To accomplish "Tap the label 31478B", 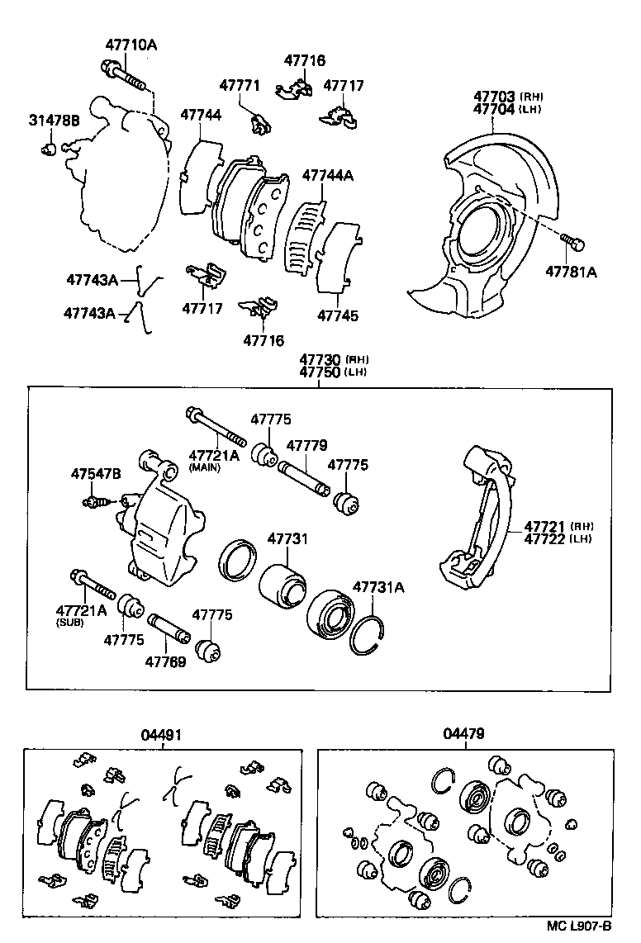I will (x=54, y=121).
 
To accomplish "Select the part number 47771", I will (x=240, y=86).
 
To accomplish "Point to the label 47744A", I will (x=327, y=175).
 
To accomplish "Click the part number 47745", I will (x=336, y=315).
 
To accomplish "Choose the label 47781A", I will (x=570, y=270).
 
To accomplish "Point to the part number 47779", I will (x=306, y=446).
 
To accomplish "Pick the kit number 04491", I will (x=161, y=734).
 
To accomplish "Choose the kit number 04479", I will (x=463, y=734).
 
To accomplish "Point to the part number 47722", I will (x=546, y=539).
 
